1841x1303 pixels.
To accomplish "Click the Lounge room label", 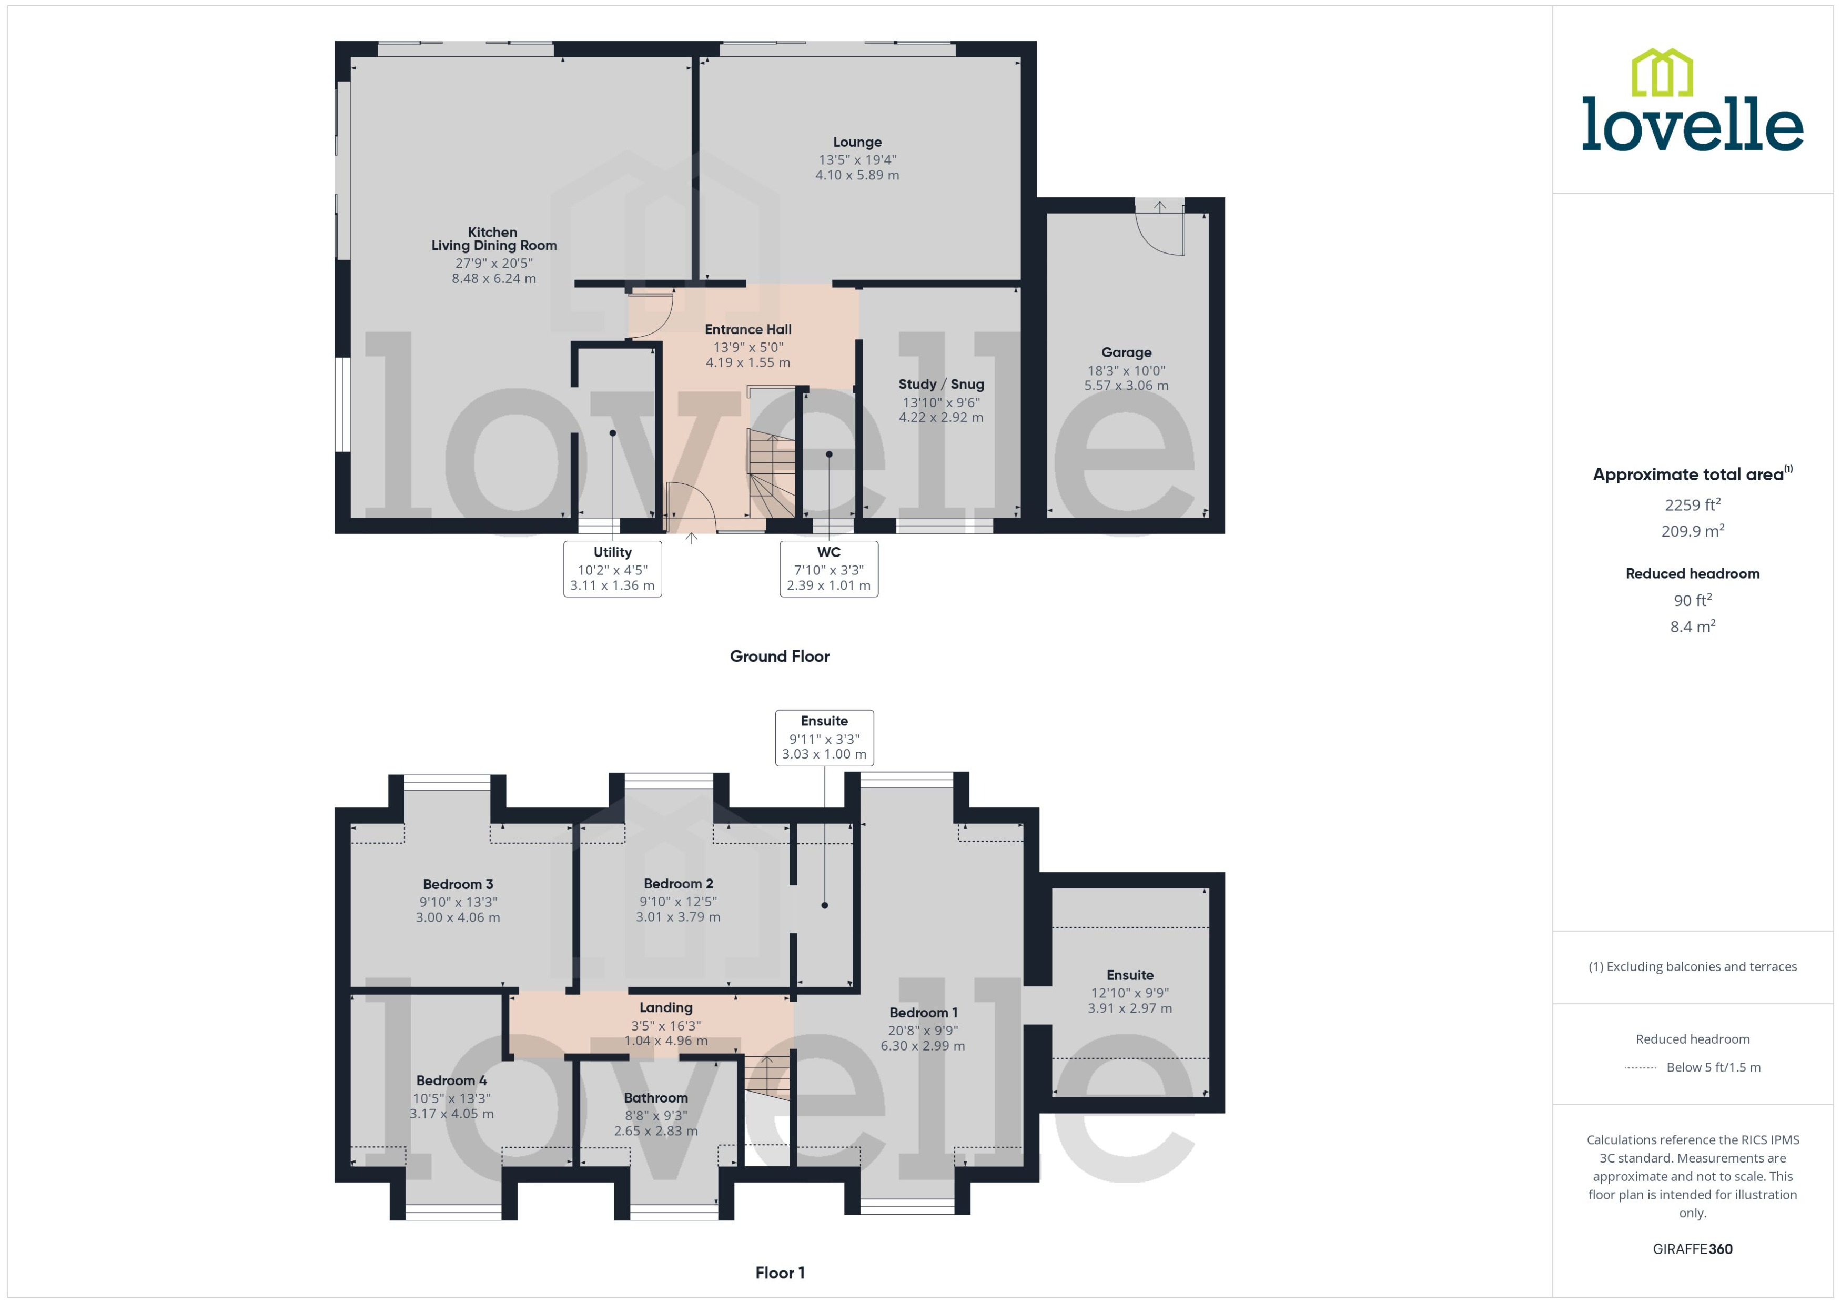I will pyautogui.click(x=857, y=142).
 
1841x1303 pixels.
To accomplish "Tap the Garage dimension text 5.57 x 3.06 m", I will pyautogui.click(x=1126, y=385).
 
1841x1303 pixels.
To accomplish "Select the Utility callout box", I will pyautogui.click(x=612, y=568).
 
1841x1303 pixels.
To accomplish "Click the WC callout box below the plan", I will pyautogui.click(x=828, y=568).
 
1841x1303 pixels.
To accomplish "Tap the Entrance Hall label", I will pyautogui.click(x=747, y=329).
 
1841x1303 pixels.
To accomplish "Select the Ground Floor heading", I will pyautogui.click(x=779, y=656).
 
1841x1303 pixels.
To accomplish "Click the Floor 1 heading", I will pyautogui.click(x=779, y=1272).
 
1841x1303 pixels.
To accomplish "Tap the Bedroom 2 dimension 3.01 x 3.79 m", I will pyautogui.click(x=678, y=916).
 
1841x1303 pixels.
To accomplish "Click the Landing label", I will pyautogui.click(x=666, y=1008).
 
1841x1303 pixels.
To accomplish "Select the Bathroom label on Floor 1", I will pyautogui.click(x=655, y=1098).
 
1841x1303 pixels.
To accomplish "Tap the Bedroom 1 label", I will pyautogui.click(x=923, y=1013).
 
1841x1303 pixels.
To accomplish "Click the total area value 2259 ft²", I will pyautogui.click(x=1692, y=504).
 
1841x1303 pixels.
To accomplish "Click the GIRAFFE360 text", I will pyautogui.click(x=1692, y=1249).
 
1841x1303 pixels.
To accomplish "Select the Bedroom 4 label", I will pyautogui.click(x=451, y=1081).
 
